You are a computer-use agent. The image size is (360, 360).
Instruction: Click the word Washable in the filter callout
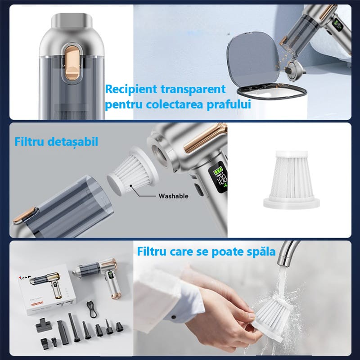pos(173,196)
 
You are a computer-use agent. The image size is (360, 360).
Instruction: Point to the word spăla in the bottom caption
pos(259,251)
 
